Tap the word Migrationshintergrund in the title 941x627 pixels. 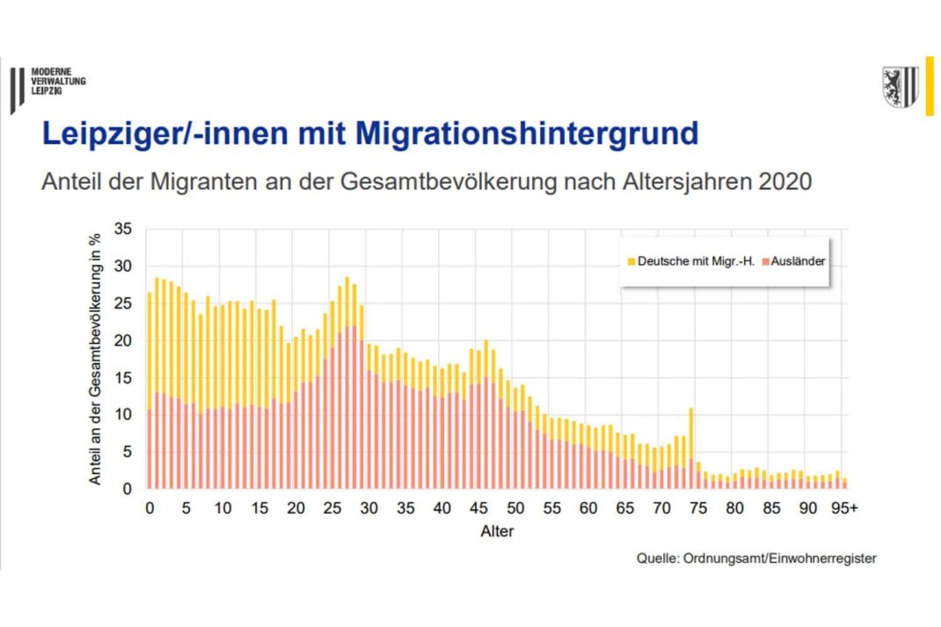pos(527,134)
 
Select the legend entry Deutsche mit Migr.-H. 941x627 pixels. pos(676,261)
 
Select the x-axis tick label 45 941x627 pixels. pos(478,509)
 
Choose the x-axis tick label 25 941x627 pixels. pos(332,509)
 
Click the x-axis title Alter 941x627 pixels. pos(497,531)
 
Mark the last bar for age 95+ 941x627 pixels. pos(844,482)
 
